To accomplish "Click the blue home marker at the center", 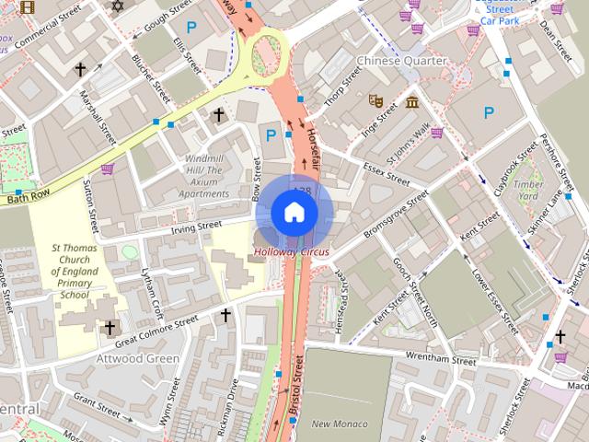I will (x=294, y=213).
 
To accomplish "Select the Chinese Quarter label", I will (x=401, y=61).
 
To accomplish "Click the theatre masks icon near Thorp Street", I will (x=375, y=99).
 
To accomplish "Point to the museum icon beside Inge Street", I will (x=411, y=100).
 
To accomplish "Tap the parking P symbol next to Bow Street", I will (x=271, y=135).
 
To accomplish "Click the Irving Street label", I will (x=197, y=224).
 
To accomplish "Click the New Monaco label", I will (x=339, y=424).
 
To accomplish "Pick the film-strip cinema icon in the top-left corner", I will (x=26, y=8).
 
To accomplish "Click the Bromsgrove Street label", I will (x=395, y=214).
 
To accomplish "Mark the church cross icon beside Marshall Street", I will (x=81, y=69).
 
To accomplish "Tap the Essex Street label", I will (x=386, y=172).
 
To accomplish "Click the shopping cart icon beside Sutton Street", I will (x=108, y=169).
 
